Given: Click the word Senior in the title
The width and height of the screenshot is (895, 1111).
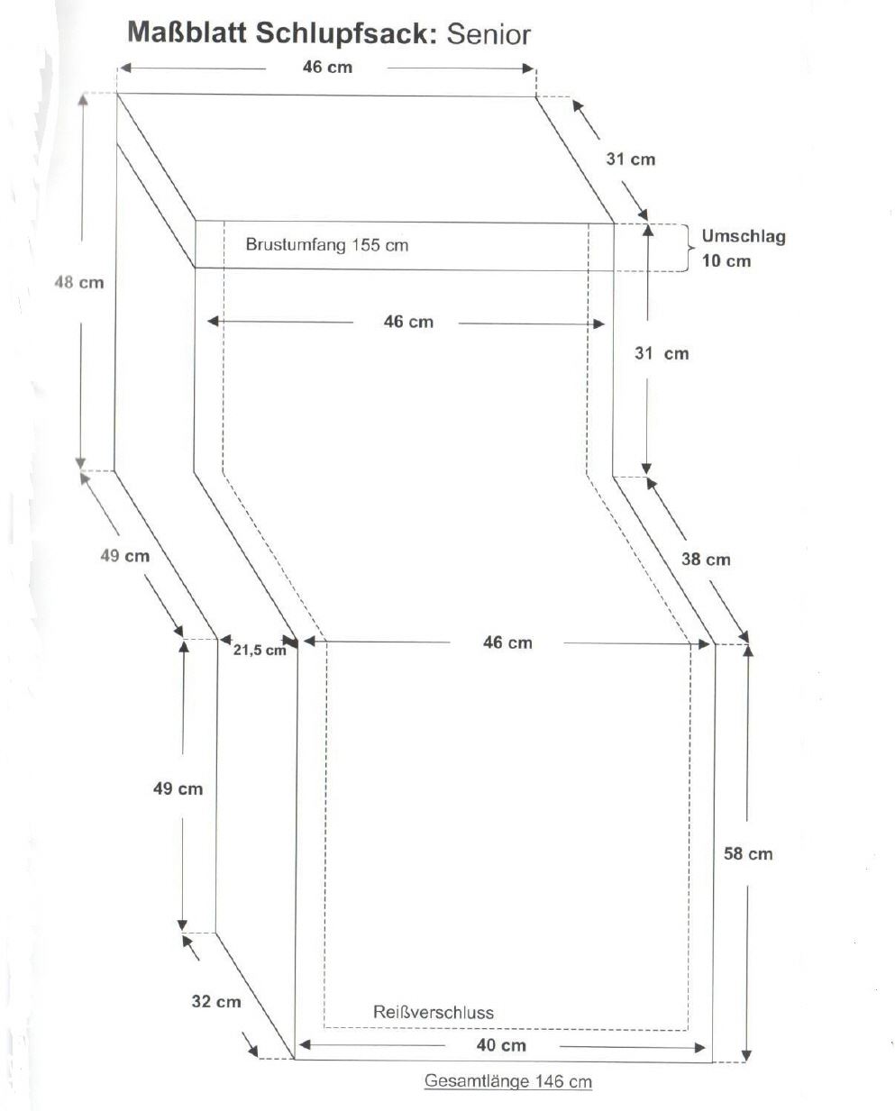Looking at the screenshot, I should click(x=488, y=34).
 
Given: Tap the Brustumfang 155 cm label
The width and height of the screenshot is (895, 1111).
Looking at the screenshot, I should click(x=326, y=244).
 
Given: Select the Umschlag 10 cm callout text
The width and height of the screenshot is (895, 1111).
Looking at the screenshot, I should click(x=744, y=249).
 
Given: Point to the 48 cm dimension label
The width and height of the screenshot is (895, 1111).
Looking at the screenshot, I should click(x=79, y=282).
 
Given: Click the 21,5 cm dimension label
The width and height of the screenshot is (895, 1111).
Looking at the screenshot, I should click(x=260, y=650).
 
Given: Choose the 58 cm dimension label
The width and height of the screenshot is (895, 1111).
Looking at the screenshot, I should click(x=748, y=853).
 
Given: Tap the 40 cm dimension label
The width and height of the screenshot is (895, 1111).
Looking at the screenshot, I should click(x=502, y=1045).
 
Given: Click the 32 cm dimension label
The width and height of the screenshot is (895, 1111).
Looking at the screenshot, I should click(x=216, y=1001).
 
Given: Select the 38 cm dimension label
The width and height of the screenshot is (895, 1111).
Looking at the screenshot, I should click(x=706, y=559).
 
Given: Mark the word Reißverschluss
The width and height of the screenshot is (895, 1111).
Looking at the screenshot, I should click(x=434, y=1012).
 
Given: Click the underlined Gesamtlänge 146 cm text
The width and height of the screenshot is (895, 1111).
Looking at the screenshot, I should click(x=508, y=1081).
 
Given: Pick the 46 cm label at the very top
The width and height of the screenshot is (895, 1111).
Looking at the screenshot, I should click(x=327, y=68).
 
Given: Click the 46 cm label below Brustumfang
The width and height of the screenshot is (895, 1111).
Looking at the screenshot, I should click(x=408, y=322).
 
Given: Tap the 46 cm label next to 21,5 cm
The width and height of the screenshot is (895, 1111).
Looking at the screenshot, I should click(x=507, y=642).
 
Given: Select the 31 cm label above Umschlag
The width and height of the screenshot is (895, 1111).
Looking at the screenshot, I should click(x=630, y=159).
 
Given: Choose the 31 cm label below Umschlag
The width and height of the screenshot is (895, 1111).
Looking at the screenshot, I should click(x=662, y=353).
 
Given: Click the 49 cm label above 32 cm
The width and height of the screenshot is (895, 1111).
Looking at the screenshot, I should click(x=178, y=788).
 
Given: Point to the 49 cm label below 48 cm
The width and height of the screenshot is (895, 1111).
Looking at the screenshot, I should click(x=124, y=555).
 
